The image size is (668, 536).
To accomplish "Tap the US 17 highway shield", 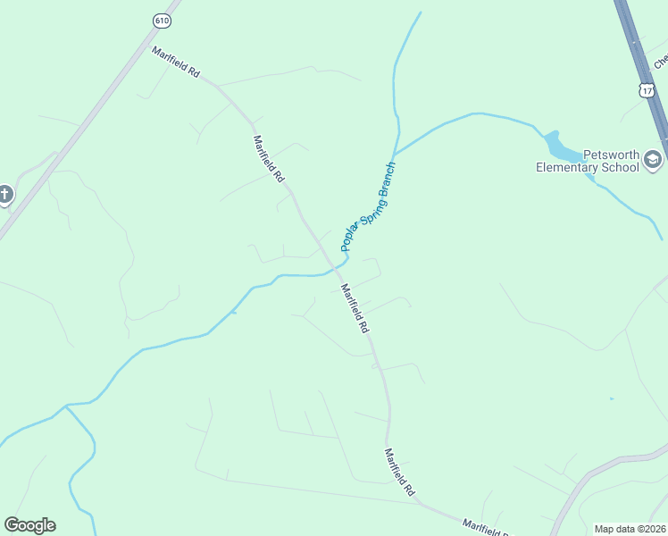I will [x=647, y=89].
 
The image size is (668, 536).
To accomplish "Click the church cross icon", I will [x=5, y=194].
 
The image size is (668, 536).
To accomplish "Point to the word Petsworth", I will [x=611, y=155].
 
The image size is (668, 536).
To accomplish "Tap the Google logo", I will [x=29, y=525].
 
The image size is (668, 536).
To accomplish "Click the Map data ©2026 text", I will [x=630, y=529].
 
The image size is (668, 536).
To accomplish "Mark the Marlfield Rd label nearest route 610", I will [x=175, y=62].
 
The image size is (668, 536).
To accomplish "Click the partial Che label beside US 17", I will [x=661, y=61].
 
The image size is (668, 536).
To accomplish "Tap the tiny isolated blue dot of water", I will [x=612, y=398].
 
